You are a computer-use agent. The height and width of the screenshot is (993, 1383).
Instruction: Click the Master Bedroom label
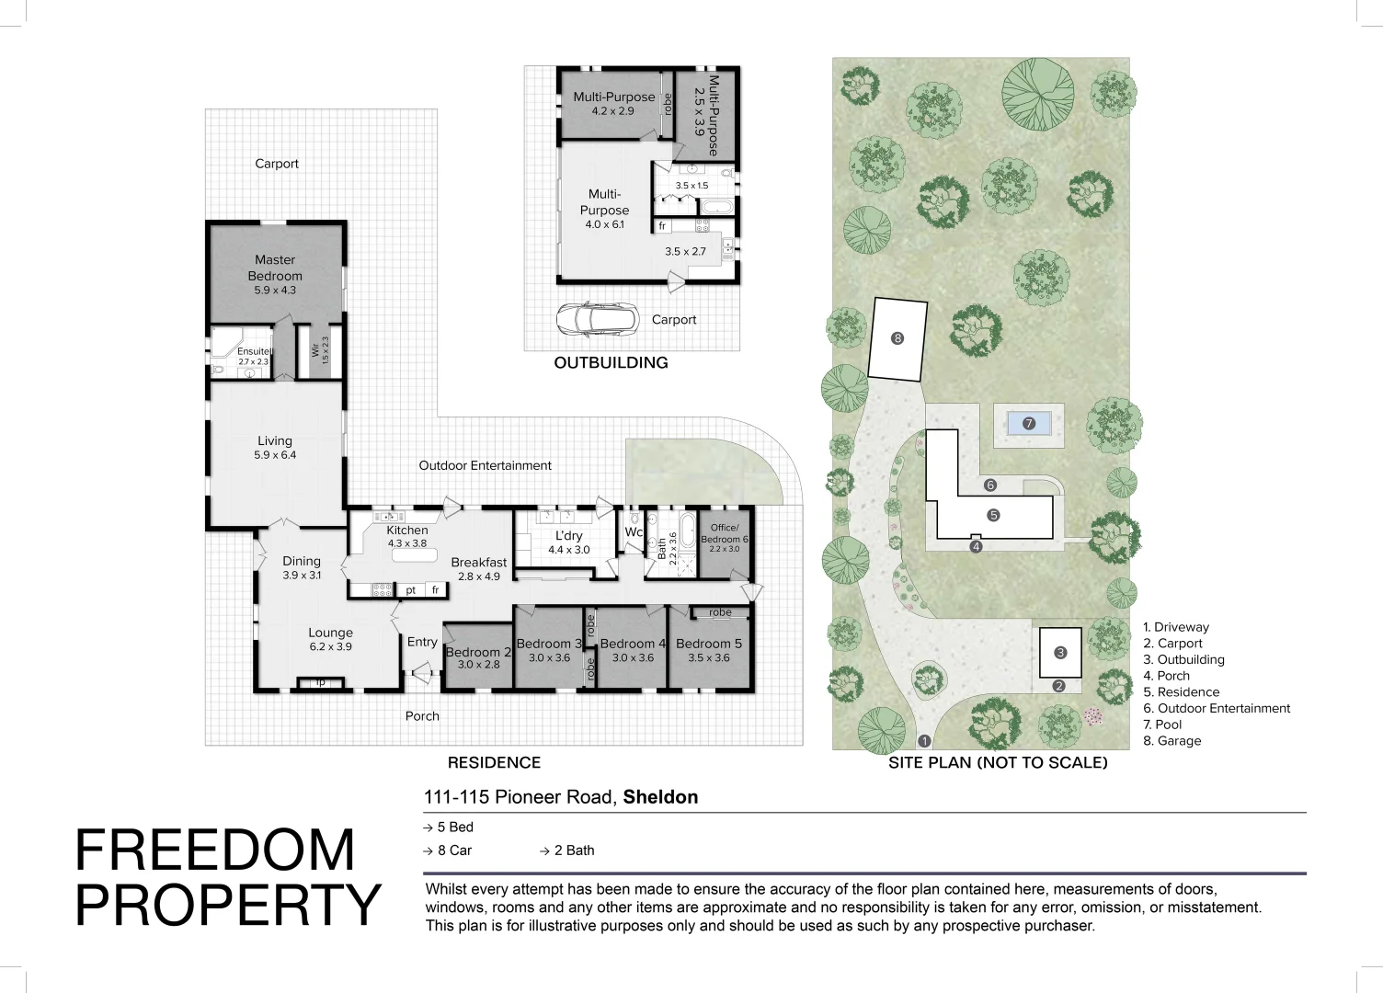click(x=275, y=268)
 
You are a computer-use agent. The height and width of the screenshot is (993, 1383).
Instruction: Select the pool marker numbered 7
click(x=1029, y=424)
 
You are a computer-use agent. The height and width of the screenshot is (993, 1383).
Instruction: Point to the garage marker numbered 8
click(x=897, y=338)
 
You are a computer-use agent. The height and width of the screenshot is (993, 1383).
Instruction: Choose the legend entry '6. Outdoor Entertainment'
click(x=1217, y=708)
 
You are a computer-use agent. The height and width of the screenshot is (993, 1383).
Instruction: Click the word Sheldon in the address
click(x=660, y=797)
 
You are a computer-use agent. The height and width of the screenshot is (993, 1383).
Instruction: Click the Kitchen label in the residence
click(x=407, y=530)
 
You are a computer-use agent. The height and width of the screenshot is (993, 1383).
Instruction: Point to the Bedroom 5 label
click(x=708, y=644)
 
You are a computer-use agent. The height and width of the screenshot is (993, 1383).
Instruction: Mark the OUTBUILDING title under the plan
click(x=611, y=362)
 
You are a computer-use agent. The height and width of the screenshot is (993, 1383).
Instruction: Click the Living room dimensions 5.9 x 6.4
click(x=275, y=455)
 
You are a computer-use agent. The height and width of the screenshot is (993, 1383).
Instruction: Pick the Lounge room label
click(x=330, y=633)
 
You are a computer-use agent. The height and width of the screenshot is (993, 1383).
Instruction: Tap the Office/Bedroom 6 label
click(x=725, y=533)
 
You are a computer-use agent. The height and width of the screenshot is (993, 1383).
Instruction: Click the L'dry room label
click(x=568, y=535)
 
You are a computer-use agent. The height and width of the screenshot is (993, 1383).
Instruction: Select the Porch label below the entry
click(x=422, y=716)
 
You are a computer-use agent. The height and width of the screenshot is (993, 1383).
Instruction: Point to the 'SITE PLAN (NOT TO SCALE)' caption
click(x=998, y=762)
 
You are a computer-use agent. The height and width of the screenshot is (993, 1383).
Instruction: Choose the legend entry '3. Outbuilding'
click(x=1183, y=659)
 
